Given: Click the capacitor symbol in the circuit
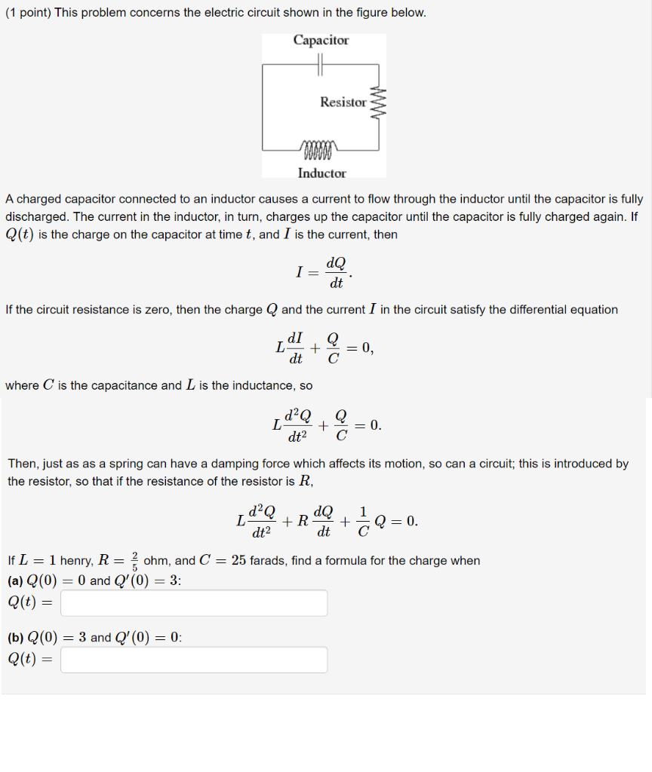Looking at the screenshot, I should [x=321, y=66].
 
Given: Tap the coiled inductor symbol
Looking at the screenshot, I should [x=321, y=146].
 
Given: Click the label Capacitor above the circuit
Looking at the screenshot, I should [x=321, y=41].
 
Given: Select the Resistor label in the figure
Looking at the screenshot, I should [x=343, y=102].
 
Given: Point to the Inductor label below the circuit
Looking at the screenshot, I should [x=321, y=173].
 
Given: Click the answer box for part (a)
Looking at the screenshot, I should [x=194, y=603].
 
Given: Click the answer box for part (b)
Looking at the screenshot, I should [x=194, y=660].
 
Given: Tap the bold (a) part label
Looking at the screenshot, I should [x=15, y=581].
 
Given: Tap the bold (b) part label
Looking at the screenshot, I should [x=15, y=638].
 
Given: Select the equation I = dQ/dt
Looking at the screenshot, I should [x=323, y=272].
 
